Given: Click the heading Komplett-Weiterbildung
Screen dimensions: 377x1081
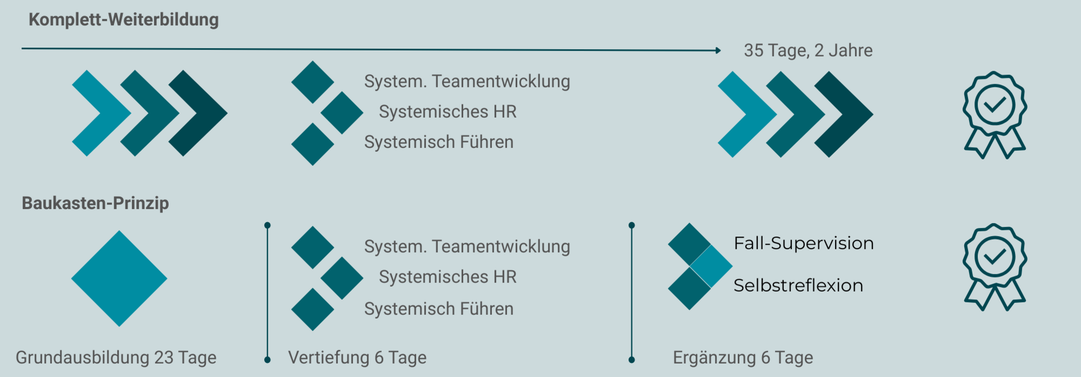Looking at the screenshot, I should pos(123,20).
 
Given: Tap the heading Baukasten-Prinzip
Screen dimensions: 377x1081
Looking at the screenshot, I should pos(95,203).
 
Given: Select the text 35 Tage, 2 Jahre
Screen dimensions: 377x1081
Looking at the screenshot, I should pos(808,50).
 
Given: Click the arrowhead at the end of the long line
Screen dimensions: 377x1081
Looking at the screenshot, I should pos(718,50).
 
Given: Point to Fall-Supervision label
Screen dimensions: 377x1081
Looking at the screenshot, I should pos(803,243).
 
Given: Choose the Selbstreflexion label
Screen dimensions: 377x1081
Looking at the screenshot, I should pos(798,285).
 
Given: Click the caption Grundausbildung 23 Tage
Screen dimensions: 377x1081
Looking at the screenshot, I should pos(116,358).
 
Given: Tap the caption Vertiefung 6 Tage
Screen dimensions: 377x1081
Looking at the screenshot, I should pos(357,358).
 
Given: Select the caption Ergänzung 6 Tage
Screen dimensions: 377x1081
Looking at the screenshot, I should pos(743,358).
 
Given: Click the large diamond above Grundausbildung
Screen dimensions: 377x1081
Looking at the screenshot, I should pos(119,279).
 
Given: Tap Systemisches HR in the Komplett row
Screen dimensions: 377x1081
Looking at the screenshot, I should pos(448,112).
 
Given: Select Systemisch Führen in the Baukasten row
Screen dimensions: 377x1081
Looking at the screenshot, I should pos(438,309).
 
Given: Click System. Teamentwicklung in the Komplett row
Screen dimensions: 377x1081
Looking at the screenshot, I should pos(466,82).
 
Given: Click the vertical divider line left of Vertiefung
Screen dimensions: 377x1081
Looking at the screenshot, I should pos(267,292).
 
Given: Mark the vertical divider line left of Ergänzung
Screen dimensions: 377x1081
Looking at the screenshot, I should pos(631,292).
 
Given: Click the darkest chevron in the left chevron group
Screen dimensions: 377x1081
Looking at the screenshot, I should pos(203,113).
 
